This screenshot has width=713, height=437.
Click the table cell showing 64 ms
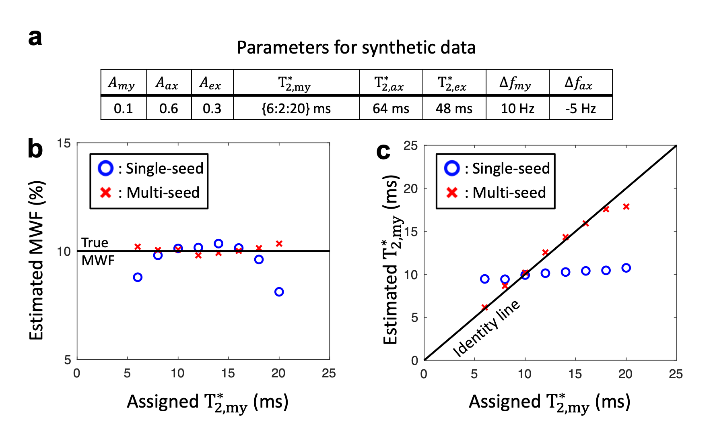(391, 108)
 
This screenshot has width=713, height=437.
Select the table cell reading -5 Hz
(580, 108)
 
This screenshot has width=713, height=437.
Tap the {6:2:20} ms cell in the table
(296, 108)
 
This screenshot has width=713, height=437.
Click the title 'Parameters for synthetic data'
(356, 48)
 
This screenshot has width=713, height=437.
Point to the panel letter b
(35, 149)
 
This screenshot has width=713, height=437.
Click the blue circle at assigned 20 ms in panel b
(279, 292)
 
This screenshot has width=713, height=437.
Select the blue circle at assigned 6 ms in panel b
(138, 277)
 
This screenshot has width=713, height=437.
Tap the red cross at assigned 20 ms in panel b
(279, 244)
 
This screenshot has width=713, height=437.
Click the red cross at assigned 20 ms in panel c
(626, 207)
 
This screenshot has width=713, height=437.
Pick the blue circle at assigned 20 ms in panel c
(626, 268)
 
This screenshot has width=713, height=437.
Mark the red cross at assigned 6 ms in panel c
(485, 307)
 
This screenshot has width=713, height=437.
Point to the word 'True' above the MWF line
(95, 243)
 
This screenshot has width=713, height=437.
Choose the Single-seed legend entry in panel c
(497, 168)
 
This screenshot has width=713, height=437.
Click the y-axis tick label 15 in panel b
(64, 143)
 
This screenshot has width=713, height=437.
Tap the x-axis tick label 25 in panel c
(676, 374)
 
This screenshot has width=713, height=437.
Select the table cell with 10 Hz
(517, 108)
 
